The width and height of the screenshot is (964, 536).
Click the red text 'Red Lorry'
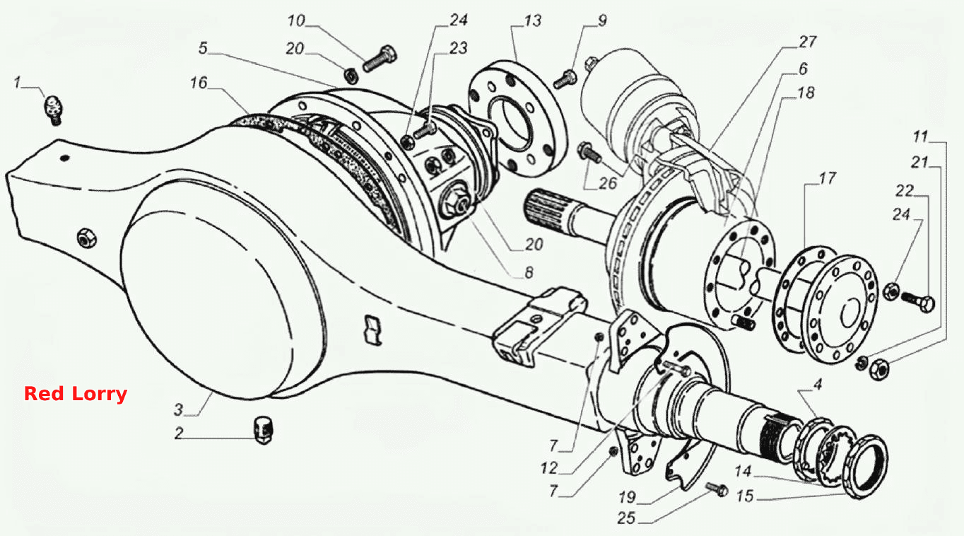pyautogui.click(x=76, y=394)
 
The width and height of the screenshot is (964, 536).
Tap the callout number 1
pyautogui.click(x=17, y=82)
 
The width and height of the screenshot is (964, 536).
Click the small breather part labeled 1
pyautogui.click(x=54, y=110)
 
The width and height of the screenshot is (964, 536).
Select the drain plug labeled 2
pyautogui.click(x=262, y=430)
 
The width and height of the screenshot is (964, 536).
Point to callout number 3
pyautogui.click(x=179, y=409)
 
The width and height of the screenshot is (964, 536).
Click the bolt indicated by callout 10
pyautogui.click(x=380, y=59)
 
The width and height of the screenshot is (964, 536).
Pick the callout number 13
pyautogui.click(x=532, y=21)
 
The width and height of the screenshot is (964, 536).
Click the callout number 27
pyautogui.click(x=807, y=42)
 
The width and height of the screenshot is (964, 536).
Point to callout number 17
pyautogui.click(x=827, y=177)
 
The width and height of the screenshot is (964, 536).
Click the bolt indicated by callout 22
pyautogui.click(x=917, y=301)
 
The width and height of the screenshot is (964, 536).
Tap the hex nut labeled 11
pyautogui.click(x=879, y=370)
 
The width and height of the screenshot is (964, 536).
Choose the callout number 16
pyautogui.click(x=199, y=82)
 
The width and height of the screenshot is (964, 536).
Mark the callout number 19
pyautogui.click(x=627, y=497)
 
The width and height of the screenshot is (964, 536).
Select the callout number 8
pyautogui.click(x=529, y=272)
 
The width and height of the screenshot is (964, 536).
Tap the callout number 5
pyautogui.click(x=203, y=48)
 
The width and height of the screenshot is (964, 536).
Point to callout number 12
pyautogui.click(x=549, y=468)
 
